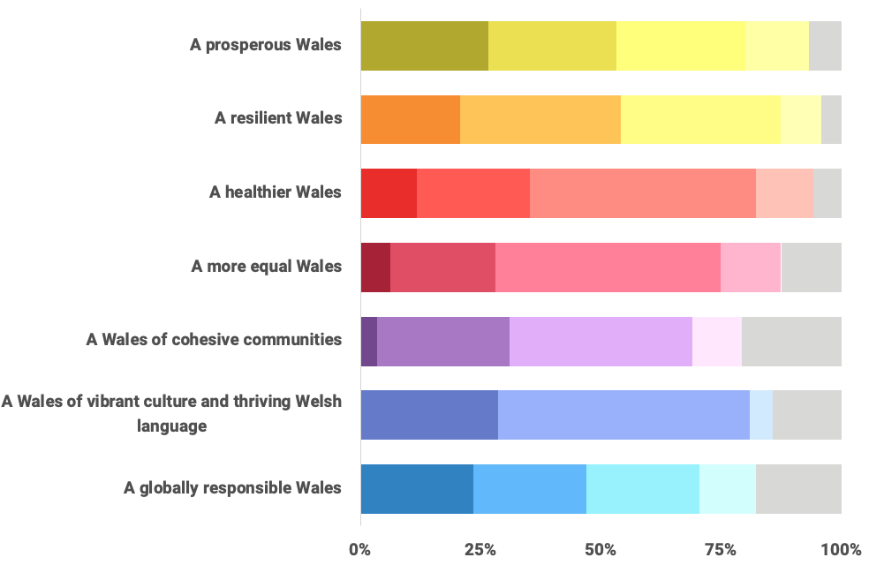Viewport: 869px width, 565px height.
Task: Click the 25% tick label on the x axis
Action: pos(480,550)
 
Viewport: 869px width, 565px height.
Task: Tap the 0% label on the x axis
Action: pos(360,550)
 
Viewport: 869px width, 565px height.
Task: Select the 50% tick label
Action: pos(601,550)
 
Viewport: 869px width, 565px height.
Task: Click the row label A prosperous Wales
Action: pos(266,44)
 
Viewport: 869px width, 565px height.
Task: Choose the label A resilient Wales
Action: pos(278,117)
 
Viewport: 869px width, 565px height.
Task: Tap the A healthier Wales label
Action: pos(276,192)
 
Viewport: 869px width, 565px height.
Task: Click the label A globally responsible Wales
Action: pos(232,488)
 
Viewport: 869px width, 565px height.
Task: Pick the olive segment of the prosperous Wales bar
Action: pos(424,45)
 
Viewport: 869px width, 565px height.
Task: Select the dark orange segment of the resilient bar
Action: pos(410,118)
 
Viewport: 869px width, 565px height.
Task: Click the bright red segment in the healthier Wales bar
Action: pos(389,192)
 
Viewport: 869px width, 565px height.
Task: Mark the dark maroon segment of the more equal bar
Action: pos(375,267)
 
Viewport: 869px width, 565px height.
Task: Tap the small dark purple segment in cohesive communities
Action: pos(369,341)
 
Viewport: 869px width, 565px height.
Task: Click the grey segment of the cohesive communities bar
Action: pos(791,341)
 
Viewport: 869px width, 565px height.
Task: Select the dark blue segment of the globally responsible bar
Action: pos(417,488)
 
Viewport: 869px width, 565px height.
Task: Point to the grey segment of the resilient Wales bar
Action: pos(831,118)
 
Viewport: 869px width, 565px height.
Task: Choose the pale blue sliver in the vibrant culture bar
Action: pos(761,414)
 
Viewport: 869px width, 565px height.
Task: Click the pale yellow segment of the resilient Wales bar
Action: pos(801,118)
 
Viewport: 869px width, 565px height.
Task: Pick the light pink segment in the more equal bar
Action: pos(751,267)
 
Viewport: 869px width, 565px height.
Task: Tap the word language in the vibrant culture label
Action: pos(172,426)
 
